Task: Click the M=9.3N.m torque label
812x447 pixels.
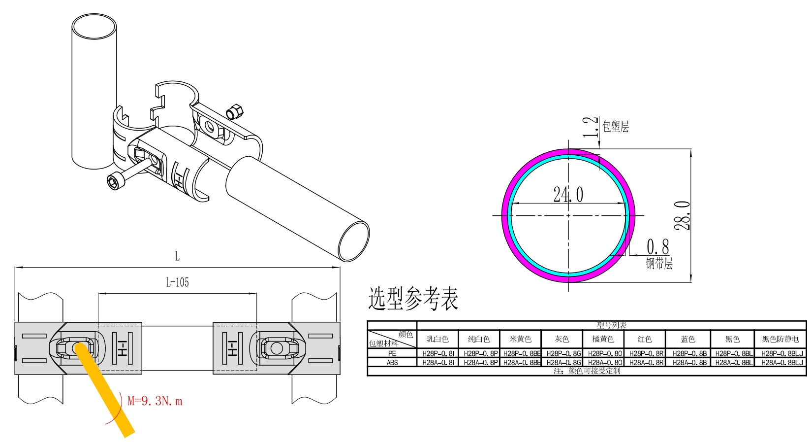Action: [x=155, y=401]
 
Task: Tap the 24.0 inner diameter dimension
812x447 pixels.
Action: [x=568, y=194]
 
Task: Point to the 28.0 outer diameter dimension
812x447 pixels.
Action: [x=682, y=215]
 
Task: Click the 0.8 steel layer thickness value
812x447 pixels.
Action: [x=657, y=246]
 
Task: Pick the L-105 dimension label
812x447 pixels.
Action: [x=177, y=282]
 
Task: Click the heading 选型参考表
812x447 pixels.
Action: [x=413, y=299]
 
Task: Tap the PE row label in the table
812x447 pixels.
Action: [x=392, y=353]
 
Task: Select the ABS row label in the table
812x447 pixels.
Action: [x=392, y=362]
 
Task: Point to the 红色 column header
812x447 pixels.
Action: [x=645, y=339]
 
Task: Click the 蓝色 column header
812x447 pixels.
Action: [x=688, y=339]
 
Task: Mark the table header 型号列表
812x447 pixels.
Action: [x=612, y=325]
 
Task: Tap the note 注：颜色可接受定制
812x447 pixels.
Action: [x=587, y=371]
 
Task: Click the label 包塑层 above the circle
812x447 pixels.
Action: [x=616, y=127]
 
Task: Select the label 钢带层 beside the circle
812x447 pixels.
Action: [x=659, y=263]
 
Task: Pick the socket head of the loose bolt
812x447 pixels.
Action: [x=116, y=181]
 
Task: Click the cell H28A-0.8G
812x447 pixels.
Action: [x=563, y=362]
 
